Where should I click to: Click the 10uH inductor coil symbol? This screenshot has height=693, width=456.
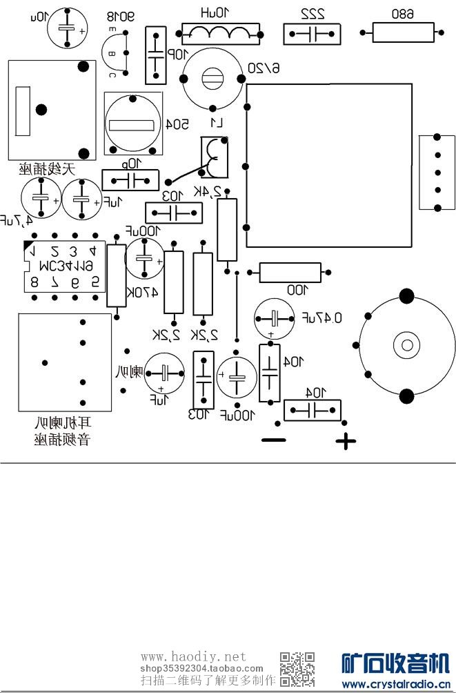[221, 31]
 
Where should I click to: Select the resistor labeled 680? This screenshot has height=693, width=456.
[403, 32]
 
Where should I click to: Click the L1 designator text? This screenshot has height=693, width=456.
[217, 124]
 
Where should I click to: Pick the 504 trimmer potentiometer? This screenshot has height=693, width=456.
[134, 124]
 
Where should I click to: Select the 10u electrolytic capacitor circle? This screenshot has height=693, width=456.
[67, 30]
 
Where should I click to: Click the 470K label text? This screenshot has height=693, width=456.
[145, 292]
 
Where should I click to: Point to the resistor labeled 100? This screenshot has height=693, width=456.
[290, 273]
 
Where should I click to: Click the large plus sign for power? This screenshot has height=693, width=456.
[346, 441]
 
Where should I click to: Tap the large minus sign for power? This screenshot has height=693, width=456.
[273, 440]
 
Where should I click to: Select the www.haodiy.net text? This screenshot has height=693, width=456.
[193, 656]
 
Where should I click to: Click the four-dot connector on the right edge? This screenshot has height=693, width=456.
[437, 173]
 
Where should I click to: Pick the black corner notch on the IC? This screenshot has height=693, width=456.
[28, 246]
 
